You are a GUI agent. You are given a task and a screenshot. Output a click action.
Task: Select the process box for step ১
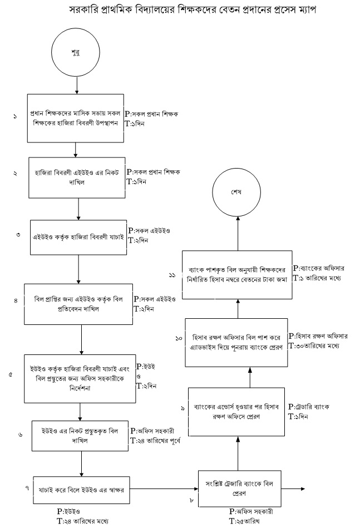pyautogui.click(x=75, y=119)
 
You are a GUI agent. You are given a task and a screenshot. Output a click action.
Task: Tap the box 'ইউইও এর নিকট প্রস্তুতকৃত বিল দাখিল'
pyautogui.click(x=80, y=435)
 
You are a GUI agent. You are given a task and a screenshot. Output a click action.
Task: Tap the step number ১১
pyautogui.click(x=173, y=275)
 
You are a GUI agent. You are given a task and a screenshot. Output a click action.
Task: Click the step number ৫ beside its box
pyautogui.click(x=11, y=375)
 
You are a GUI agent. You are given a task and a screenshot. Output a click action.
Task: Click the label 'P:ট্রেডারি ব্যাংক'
pyautogui.click(x=309, y=407)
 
